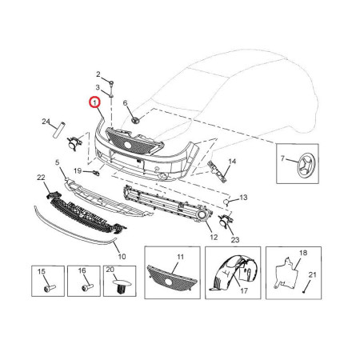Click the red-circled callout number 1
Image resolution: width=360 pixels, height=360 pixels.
(94, 102)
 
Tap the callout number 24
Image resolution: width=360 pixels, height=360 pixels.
(46, 122)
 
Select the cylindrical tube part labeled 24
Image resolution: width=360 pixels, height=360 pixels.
(59, 130)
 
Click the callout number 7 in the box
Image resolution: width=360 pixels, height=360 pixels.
(283, 158)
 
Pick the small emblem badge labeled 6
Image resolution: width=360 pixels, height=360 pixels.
(135, 120)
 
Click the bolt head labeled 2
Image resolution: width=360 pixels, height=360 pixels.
(112, 82)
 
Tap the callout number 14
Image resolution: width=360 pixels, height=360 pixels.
(232, 161)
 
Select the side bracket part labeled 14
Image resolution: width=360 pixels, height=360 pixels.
(217, 171)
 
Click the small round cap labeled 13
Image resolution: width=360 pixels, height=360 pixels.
(226, 202)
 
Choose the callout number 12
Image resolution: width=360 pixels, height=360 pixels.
(214, 237)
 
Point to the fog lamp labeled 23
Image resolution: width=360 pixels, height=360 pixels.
(226, 221)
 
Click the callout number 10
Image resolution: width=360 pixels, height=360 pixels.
(122, 257)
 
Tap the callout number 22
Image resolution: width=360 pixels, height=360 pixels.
(41, 178)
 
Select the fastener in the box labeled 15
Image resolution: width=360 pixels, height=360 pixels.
(50, 288)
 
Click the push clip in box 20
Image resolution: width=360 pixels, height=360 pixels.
(122, 286)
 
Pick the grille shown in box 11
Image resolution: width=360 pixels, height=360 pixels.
(173, 278)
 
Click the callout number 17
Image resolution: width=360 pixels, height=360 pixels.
(244, 290)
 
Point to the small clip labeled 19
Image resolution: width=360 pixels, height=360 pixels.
(96, 174)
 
